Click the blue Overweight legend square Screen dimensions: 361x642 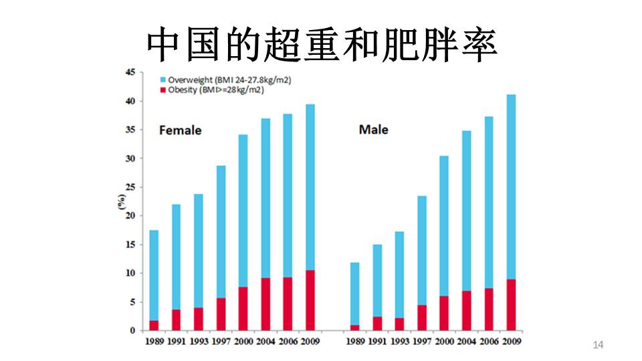point(162,80)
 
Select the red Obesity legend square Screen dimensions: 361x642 point(162,90)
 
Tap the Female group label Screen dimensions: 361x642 point(180,130)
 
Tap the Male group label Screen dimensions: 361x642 point(373,130)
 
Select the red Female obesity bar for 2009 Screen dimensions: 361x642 point(310,300)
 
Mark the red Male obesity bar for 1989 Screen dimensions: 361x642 point(355,328)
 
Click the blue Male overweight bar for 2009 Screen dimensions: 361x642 point(511,187)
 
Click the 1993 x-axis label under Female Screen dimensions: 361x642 point(199,342)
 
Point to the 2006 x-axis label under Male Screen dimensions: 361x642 point(489,342)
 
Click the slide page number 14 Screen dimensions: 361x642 point(598,345)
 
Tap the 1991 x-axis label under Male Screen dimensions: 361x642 point(377,342)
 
